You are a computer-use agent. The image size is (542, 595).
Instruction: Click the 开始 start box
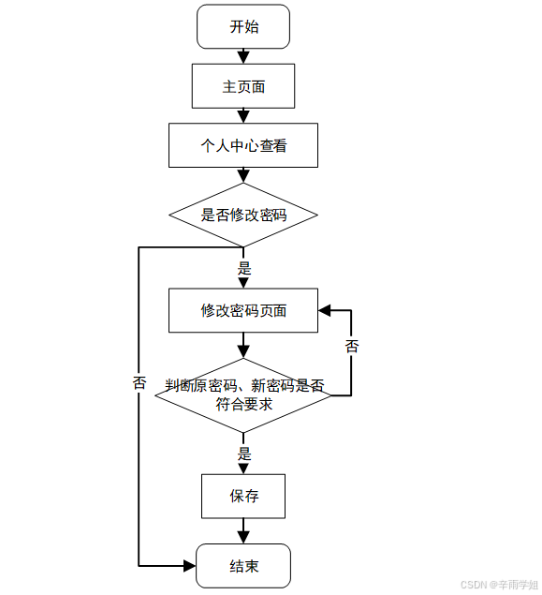click(x=243, y=26)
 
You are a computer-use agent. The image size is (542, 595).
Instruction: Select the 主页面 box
click(x=243, y=86)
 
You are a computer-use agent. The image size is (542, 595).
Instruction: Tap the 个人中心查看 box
click(x=243, y=145)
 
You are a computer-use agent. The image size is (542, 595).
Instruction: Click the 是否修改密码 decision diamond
click(x=243, y=215)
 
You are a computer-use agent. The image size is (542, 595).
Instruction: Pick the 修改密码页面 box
click(x=243, y=310)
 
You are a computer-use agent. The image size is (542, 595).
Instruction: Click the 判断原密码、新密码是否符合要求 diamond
click(x=243, y=394)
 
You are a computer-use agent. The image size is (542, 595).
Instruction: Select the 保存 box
click(x=243, y=496)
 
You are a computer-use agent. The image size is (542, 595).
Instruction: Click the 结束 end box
click(x=243, y=566)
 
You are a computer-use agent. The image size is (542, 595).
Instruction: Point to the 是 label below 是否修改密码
click(x=244, y=268)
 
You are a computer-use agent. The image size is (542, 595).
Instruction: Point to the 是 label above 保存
click(x=244, y=454)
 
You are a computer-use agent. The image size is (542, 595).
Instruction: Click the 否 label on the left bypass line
click(x=139, y=383)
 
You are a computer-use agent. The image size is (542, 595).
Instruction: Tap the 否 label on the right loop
click(x=352, y=347)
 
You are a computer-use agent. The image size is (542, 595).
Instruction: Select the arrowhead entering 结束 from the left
click(x=189, y=566)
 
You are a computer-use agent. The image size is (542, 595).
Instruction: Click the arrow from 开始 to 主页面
click(x=243, y=56)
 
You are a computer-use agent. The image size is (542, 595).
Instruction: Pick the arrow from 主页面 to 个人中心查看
click(x=243, y=116)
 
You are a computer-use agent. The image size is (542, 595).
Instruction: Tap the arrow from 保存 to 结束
click(x=243, y=531)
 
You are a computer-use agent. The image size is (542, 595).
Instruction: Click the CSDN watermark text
click(x=499, y=584)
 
